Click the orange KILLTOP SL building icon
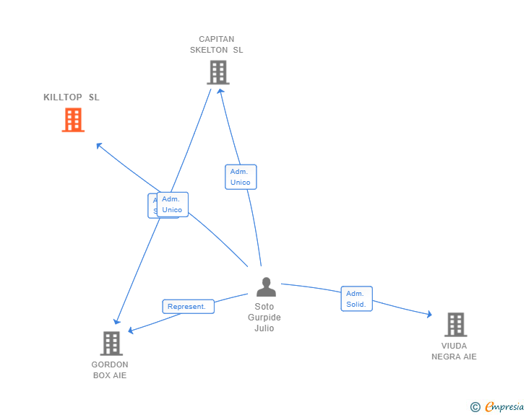point(73,120)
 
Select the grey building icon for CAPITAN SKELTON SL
point(217,72)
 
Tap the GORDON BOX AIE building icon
point(111,343)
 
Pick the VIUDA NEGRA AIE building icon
point(455,325)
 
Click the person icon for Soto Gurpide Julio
point(266,287)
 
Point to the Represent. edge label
point(188,307)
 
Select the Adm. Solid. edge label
point(356,299)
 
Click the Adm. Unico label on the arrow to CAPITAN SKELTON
point(241,177)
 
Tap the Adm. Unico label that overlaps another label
point(173,204)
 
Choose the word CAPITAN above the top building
point(217,39)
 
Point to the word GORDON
point(110,364)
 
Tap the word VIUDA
point(454,346)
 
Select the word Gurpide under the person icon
point(264,318)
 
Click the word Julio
point(264,328)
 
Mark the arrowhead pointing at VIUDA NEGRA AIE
point(428,315)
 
